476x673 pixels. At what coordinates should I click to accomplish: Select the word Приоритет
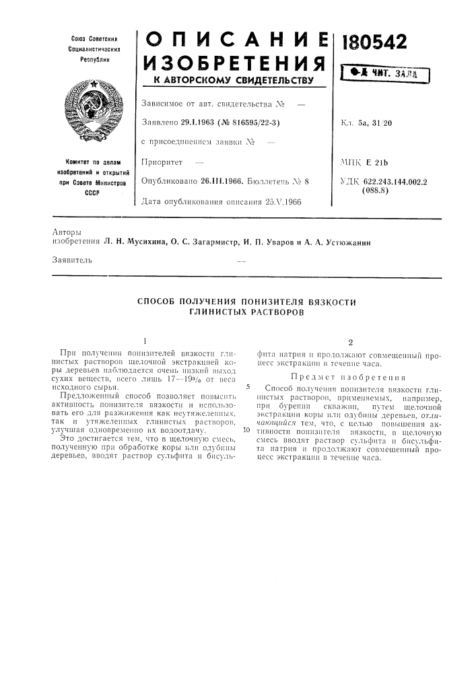163,163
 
